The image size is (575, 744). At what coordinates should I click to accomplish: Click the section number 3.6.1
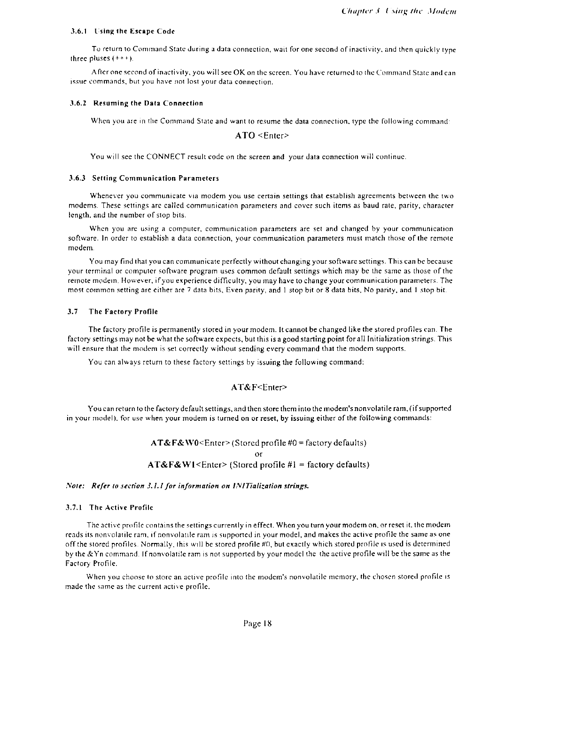(77, 32)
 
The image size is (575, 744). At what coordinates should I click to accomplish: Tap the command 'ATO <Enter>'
(261, 136)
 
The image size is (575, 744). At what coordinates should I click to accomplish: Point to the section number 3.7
(73, 311)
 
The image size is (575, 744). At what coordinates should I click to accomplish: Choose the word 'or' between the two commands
(258, 454)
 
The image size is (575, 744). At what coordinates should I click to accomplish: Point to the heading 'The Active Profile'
(121, 507)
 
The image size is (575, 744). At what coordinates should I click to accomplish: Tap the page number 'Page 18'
(258, 624)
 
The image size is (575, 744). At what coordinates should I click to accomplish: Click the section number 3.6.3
(77, 178)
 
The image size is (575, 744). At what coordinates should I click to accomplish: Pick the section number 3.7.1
(76, 507)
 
